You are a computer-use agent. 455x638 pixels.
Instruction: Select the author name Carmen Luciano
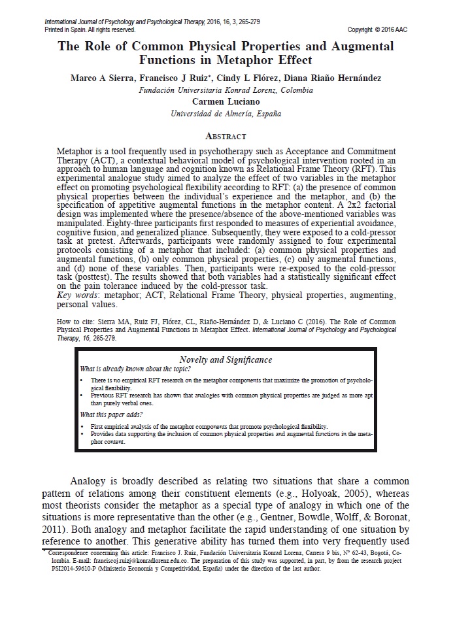[226, 101]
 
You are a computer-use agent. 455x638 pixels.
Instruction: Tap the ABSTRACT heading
[226, 136]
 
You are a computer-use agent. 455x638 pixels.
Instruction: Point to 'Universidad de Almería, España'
[226, 113]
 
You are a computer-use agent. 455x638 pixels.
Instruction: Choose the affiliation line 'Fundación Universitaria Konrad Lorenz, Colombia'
[226, 90]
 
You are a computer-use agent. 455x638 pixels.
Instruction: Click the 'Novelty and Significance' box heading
[226, 360]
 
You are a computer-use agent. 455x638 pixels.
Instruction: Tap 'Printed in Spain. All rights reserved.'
[90, 30]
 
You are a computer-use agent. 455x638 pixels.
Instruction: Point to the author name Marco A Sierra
[101, 78]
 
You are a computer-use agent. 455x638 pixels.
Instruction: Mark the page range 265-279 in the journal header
[246, 22]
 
